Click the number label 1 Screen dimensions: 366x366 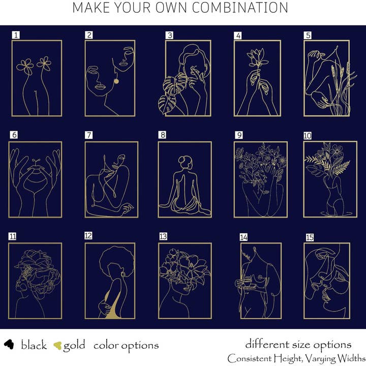point(16,35)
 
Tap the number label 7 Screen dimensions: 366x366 point(88,135)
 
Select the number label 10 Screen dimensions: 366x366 point(308,136)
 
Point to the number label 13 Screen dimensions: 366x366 point(163,236)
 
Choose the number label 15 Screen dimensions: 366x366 point(310,237)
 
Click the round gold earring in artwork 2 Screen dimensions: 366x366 point(116,81)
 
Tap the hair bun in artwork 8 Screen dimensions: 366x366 point(182,160)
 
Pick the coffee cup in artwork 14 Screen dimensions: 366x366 point(248,281)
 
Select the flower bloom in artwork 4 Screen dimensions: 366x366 point(257,57)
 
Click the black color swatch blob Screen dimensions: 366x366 point(9,344)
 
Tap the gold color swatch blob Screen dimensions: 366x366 point(57,346)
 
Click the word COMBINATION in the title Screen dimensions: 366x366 point(240,8)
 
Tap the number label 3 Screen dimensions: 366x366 point(169,35)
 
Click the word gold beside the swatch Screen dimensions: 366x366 point(74,346)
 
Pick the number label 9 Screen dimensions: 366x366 point(239,135)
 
